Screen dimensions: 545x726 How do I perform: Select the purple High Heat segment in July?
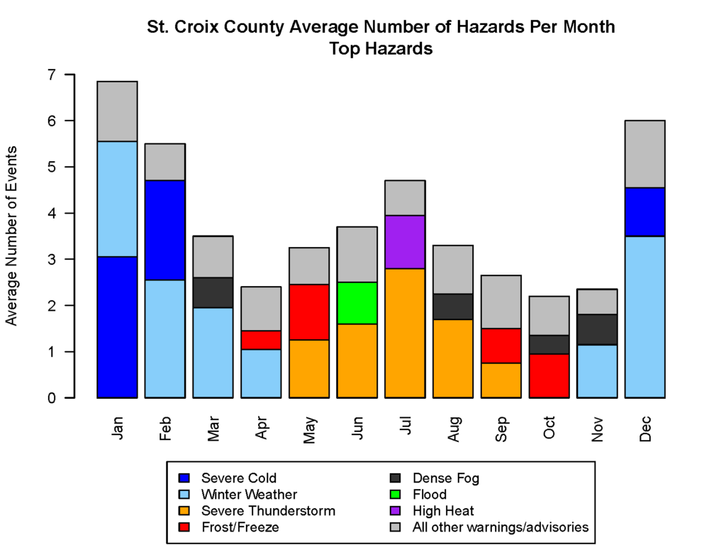404,242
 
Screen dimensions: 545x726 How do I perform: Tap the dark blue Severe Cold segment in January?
117,326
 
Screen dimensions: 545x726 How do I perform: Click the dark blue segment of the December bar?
644,211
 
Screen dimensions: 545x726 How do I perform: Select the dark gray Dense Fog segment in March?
213,292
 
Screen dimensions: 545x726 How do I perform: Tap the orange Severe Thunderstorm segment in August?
452,358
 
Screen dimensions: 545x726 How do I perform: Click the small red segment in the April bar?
260,340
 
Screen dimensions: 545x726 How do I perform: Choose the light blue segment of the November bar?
596,370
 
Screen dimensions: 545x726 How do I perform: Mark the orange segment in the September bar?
500,380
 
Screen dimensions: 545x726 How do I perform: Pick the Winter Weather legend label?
249,494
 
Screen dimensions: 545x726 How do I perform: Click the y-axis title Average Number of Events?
12,236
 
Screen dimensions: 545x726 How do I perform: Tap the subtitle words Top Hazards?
381,49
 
